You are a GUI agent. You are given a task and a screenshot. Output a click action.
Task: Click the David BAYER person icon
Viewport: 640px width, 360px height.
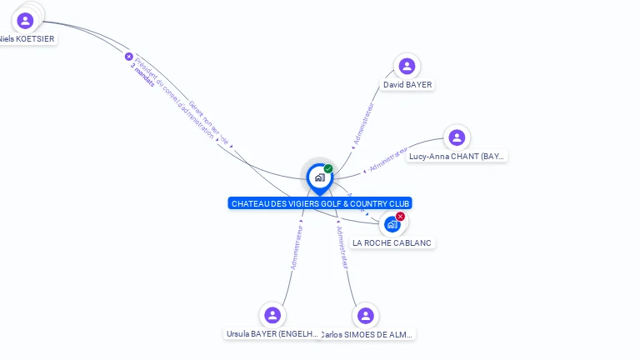coord(407,66)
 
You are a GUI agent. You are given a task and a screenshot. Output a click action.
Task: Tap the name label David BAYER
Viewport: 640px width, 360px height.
coord(407,85)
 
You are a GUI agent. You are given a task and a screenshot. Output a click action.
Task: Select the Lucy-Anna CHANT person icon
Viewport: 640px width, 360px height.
coord(456,137)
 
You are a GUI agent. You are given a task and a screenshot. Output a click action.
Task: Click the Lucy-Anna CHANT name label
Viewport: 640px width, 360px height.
coord(457,157)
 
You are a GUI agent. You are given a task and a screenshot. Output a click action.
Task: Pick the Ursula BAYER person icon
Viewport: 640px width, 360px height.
coord(272,315)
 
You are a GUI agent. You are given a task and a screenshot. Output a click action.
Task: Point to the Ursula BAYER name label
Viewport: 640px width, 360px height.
coord(272,334)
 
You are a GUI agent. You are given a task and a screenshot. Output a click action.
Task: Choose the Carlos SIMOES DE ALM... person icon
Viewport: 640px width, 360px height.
coord(365,316)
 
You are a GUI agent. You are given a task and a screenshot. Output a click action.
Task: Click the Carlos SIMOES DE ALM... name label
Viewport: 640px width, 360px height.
coord(367,334)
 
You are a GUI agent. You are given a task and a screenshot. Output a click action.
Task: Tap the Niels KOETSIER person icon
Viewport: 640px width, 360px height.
coord(25,20)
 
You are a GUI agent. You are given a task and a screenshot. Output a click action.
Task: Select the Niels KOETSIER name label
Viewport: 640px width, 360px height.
coord(27,38)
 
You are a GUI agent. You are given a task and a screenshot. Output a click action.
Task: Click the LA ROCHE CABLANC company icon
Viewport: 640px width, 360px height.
coord(391,224)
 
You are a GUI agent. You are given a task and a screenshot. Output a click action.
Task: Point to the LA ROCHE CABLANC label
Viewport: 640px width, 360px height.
coord(393,242)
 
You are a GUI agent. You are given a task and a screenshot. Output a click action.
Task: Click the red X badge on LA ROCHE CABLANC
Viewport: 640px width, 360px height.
coord(400,217)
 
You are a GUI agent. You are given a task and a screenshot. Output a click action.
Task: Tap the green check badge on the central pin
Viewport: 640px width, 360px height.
coord(328,168)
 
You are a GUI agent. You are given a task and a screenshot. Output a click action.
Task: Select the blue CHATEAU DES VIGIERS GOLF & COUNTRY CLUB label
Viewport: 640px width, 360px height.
coord(320,203)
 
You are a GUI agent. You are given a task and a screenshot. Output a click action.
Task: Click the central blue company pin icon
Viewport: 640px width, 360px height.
coord(318,177)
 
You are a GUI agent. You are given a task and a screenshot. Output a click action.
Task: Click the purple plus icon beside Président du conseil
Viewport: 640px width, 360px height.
coord(128,57)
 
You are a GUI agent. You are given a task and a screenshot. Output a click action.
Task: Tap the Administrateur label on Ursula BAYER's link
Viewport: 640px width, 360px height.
coord(296,247)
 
